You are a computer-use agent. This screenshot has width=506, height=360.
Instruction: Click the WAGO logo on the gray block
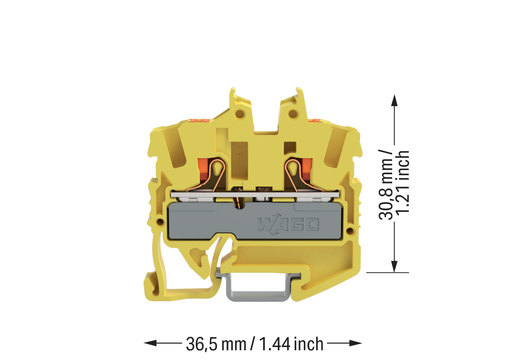[x=288, y=224]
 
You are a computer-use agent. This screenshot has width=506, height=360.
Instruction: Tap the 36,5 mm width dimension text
[x=216, y=344]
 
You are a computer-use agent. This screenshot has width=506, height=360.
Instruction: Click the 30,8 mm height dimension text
[x=386, y=184]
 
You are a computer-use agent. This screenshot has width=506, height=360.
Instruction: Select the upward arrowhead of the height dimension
[x=394, y=100]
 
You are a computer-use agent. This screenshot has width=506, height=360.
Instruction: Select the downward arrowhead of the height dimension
[x=394, y=267]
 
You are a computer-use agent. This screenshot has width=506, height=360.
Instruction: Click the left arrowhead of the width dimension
[x=150, y=343]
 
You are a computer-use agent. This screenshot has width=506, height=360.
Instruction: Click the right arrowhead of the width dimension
[x=356, y=343]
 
